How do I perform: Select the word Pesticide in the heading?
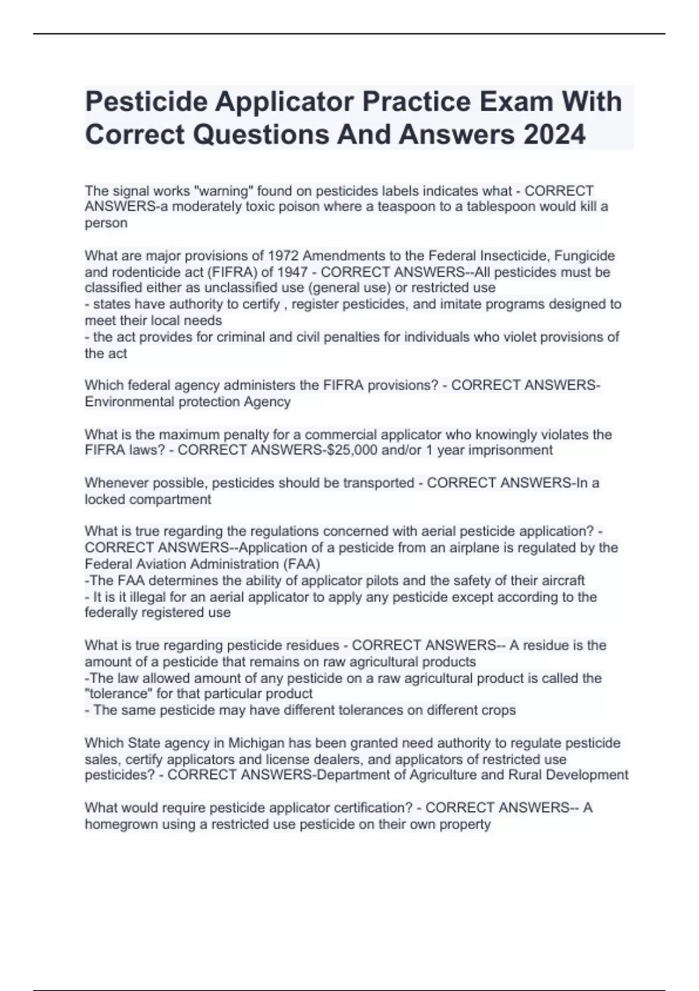point(146,101)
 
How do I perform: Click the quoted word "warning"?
point(222,191)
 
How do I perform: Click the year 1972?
point(283,256)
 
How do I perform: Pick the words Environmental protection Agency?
point(188,402)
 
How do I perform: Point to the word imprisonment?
point(510,450)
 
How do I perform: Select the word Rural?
point(528,775)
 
